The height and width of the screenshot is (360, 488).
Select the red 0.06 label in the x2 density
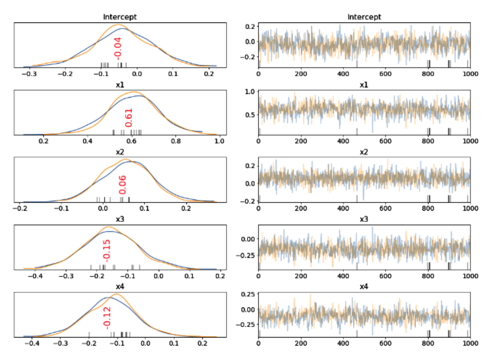coord(122,184)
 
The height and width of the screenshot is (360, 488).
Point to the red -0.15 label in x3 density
coord(107,250)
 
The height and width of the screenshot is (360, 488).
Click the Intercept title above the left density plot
coord(120,17)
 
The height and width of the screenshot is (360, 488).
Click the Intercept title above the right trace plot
coord(364,17)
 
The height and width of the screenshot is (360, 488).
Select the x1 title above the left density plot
coord(120,85)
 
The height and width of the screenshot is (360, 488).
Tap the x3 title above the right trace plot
coord(364,219)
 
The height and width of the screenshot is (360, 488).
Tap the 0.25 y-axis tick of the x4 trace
coord(247,294)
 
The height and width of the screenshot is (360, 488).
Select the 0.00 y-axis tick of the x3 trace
coord(247,238)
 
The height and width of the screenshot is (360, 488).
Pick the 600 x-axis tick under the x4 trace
coord(385,344)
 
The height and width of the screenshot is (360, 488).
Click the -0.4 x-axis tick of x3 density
coord(35,276)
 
